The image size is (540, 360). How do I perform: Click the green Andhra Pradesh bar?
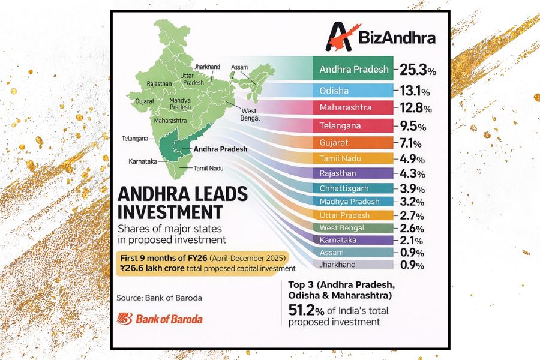[x=353, y=69]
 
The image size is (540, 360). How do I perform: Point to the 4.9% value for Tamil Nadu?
[x=412, y=160]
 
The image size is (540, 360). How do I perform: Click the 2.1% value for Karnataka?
[x=412, y=240]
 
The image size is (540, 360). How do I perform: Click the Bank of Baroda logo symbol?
[x=125, y=318]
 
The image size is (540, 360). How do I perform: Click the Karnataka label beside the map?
[x=143, y=161]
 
